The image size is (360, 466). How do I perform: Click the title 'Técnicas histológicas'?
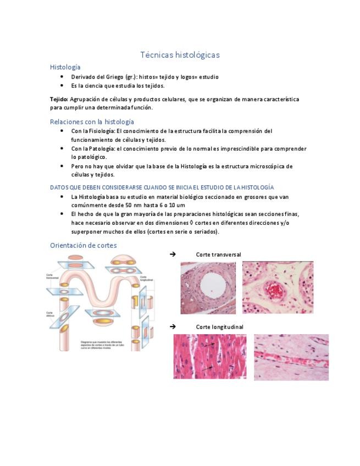coord(180,55)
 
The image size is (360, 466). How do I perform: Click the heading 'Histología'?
coord(65,67)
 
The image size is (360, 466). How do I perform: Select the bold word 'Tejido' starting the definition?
coord(58,99)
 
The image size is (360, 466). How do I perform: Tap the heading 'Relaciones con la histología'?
coord(92,121)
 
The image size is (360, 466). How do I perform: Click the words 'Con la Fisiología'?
coord(93,131)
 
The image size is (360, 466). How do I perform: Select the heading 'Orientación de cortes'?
coord(83,245)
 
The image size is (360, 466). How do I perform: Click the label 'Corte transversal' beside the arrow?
coord(218,254)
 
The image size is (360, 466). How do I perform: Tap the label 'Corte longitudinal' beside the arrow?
coord(219,327)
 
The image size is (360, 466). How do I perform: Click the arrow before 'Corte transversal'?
coord(173,254)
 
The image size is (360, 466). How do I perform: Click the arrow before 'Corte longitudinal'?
coord(173,326)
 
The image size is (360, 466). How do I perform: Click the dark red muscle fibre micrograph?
coord(210,357)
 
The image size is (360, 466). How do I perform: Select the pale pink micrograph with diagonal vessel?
coord(291,357)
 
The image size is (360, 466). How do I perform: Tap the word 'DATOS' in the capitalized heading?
coord(58,187)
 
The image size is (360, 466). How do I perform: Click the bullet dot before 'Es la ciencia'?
coord(62,86)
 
